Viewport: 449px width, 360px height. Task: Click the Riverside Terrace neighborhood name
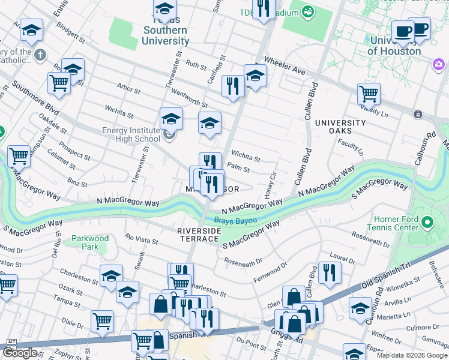point(198,234)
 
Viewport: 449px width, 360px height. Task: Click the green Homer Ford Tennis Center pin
point(427,224)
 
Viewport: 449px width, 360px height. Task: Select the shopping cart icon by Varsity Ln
point(369,94)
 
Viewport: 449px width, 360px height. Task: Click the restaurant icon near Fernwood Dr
point(329,272)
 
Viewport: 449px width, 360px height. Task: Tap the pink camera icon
point(438,64)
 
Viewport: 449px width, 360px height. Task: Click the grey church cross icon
point(40,56)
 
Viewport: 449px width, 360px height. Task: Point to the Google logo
point(20,353)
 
